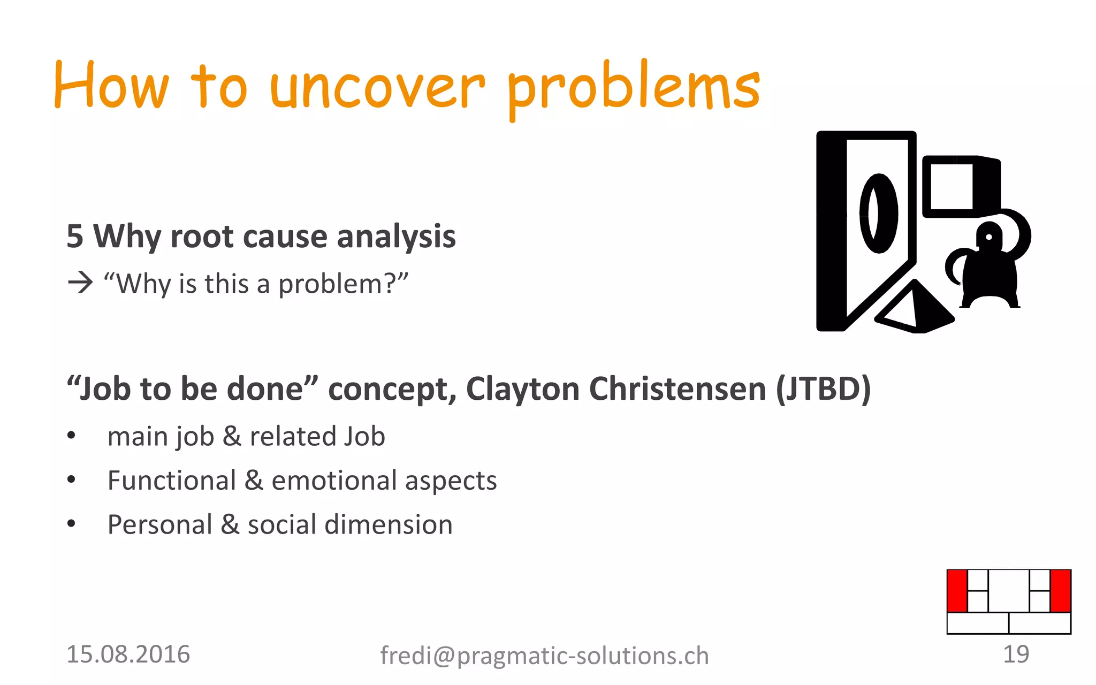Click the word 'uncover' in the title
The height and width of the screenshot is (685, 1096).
(x=377, y=88)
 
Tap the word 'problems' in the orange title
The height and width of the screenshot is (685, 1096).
(x=633, y=88)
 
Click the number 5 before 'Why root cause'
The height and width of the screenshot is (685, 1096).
(x=75, y=237)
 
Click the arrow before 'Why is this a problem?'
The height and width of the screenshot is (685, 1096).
(x=80, y=282)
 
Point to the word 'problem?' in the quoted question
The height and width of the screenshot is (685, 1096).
(x=342, y=284)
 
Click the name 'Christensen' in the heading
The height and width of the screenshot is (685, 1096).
(x=678, y=389)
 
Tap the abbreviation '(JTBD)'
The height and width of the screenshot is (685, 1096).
(x=823, y=389)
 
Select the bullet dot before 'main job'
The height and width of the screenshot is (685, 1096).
(x=71, y=436)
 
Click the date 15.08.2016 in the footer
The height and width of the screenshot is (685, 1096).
(x=128, y=654)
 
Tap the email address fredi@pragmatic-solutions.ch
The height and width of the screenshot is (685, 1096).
(x=544, y=656)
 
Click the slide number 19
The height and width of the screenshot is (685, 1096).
(x=1016, y=654)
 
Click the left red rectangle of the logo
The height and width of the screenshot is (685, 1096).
(x=957, y=591)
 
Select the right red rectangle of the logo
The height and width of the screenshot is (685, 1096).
(x=1060, y=591)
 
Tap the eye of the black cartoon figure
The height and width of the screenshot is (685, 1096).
(x=988, y=237)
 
